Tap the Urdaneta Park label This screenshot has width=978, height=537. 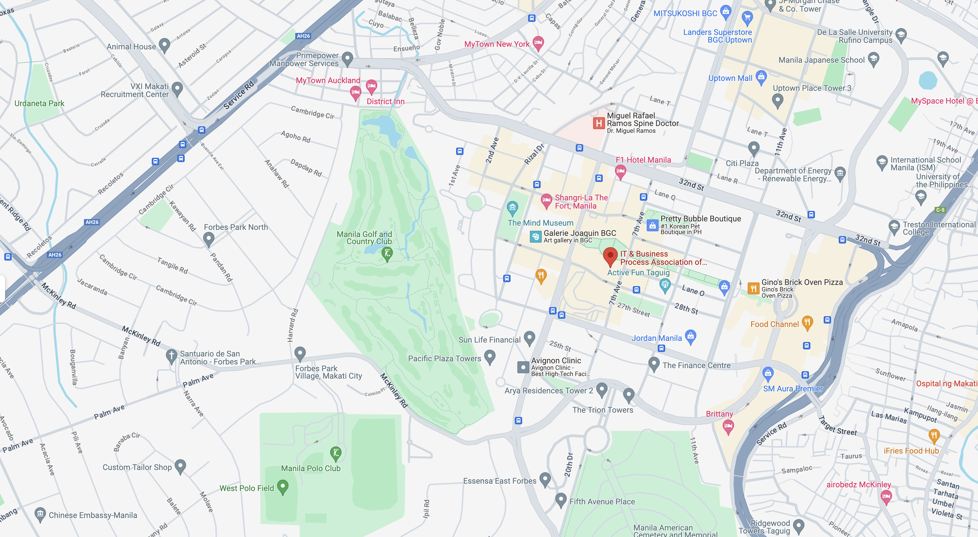click(39, 103)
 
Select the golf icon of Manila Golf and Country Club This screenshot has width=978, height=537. click(387, 253)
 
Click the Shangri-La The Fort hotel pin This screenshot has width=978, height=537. click(546, 200)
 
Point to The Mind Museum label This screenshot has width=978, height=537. click(540, 223)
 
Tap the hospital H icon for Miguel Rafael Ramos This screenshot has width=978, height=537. click(599, 123)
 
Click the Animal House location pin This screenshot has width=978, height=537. click(164, 45)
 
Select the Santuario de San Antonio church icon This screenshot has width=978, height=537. click(171, 356)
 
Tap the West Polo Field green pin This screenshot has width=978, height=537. click(283, 486)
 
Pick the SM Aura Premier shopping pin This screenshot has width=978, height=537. click(768, 374)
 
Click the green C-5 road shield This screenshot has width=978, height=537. click(940, 210)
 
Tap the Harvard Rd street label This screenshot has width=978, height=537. click(293, 326)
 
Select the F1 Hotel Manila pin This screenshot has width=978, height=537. click(620, 172)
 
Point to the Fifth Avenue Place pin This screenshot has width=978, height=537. click(561, 500)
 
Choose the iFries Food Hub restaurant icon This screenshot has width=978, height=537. click(934, 435)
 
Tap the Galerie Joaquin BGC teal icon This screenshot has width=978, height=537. click(535, 237)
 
